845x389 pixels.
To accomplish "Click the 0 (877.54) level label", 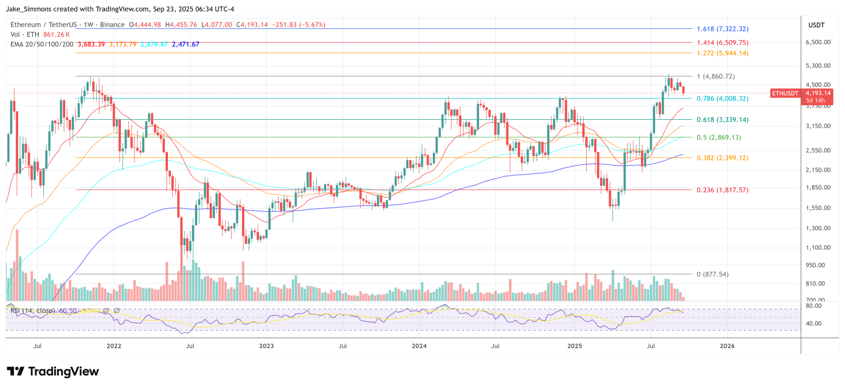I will [713, 274].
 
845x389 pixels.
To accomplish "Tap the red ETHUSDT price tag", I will [785, 94].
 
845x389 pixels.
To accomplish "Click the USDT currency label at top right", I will [816, 25].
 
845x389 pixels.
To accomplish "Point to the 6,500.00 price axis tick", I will [818, 42].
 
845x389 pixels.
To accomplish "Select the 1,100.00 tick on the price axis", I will [818, 248].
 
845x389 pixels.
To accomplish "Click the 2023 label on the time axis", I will [267, 346].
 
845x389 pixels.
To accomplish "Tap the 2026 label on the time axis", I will [727, 346].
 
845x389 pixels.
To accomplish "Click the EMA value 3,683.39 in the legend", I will [91, 44].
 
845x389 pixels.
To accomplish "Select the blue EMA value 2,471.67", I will [185, 44].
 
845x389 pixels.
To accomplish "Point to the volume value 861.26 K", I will [57, 35].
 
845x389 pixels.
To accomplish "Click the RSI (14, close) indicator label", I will [33, 311].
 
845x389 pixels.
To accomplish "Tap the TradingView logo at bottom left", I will [53, 372].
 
